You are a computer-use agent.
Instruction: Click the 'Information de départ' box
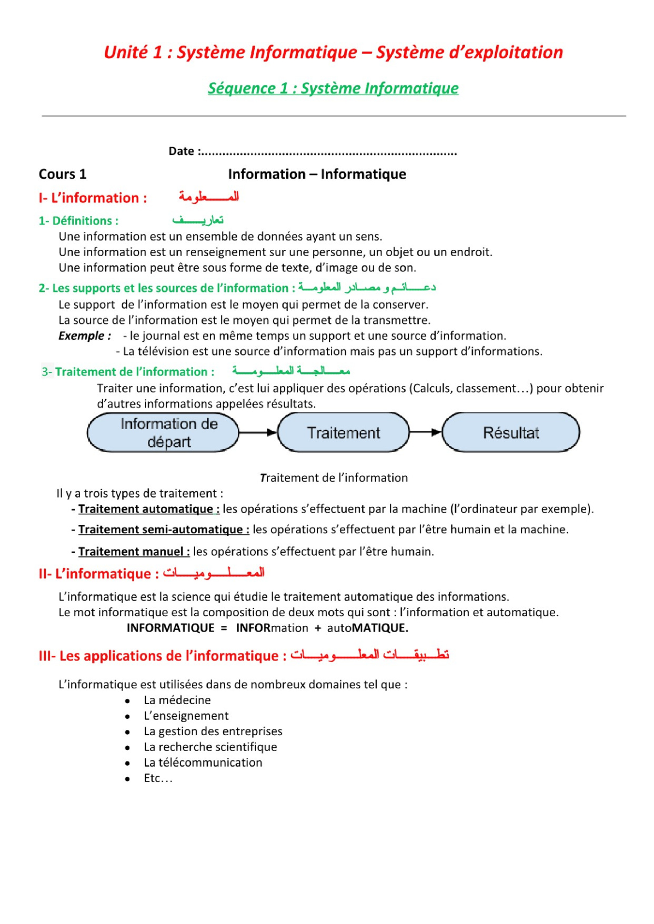click(163, 432)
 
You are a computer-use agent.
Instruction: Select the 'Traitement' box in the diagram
click(343, 432)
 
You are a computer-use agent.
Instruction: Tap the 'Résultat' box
click(510, 432)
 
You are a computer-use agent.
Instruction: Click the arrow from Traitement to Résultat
click(425, 432)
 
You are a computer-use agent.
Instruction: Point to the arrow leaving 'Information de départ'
click(258, 432)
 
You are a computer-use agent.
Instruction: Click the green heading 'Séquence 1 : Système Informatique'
click(333, 88)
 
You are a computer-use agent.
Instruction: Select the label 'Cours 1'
click(62, 174)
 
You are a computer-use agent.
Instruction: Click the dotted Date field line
click(329, 153)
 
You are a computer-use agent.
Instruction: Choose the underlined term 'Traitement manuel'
click(134, 552)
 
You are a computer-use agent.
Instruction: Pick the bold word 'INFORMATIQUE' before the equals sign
click(170, 628)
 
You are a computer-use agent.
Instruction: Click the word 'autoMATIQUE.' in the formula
click(367, 628)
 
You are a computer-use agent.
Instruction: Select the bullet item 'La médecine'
click(177, 700)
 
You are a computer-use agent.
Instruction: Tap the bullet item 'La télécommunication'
click(203, 763)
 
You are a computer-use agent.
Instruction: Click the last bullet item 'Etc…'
click(158, 778)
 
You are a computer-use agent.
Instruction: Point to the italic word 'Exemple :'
click(84, 336)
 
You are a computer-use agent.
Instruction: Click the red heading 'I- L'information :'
click(93, 198)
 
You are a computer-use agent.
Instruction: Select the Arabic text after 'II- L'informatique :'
click(213, 573)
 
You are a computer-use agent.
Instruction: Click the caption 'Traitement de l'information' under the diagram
click(334, 478)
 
